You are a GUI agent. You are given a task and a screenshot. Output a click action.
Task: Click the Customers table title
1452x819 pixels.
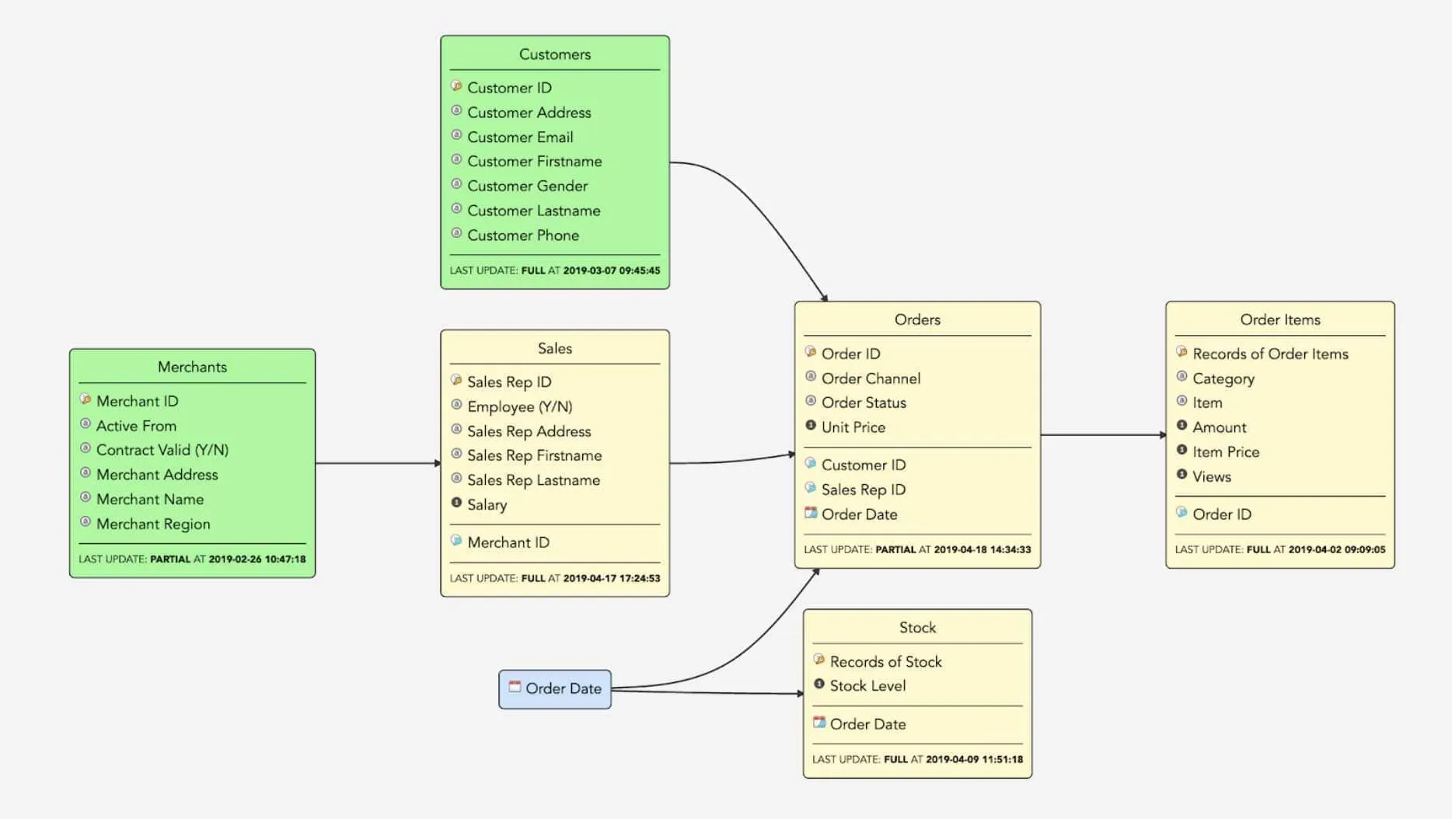click(554, 54)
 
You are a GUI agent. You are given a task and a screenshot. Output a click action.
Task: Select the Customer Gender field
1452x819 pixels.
click(527, 186)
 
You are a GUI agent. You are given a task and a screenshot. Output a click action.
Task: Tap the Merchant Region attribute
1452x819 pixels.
click(153, 524)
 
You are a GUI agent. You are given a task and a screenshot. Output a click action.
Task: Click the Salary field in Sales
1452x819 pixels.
click(487, 504)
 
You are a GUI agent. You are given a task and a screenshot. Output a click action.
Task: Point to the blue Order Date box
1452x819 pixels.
click(555, 688)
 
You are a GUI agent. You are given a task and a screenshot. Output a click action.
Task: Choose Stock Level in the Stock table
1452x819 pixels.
click(867, 685)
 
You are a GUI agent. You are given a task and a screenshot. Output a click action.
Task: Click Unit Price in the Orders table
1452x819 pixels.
click(853, 427)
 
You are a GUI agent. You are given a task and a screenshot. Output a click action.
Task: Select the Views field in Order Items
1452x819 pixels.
click(1211, 476)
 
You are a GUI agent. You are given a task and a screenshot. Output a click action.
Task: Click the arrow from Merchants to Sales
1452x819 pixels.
click(378, 463)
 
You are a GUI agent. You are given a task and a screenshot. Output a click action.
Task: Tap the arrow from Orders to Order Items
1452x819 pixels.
click(1102, 435)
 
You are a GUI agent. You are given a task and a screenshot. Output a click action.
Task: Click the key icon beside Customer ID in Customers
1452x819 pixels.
click(457, 86)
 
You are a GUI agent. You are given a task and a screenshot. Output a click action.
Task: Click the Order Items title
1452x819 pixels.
click(1279, 319)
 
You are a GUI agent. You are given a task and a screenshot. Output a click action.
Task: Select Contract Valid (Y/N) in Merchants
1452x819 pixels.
click(162, 450)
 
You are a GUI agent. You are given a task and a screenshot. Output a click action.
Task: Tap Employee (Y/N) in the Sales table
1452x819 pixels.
click(519, 406)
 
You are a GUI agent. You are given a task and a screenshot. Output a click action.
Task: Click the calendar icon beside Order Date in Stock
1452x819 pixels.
click(818, 723)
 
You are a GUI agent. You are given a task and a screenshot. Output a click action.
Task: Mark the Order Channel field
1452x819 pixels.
click(871, 378)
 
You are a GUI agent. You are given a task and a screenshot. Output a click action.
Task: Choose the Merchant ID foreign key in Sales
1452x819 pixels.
click(508, 542)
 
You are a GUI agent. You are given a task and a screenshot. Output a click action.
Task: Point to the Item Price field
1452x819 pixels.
click(1225, 451)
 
